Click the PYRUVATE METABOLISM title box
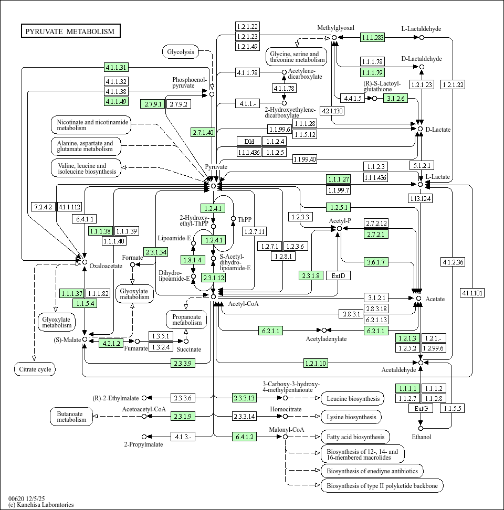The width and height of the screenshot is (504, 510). (70, 31)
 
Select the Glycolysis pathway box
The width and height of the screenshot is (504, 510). (181, 51)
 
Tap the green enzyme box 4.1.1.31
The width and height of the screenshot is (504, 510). (116, 67)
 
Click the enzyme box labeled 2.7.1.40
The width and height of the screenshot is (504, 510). (203, 132)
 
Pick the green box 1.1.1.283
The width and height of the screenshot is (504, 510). (372, 37)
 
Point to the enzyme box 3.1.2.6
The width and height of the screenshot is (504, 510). (395, 98)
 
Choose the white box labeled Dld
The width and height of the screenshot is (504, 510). (249, 141)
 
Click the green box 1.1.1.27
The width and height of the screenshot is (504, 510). (338, 179)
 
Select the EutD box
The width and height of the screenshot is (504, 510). (338, 275)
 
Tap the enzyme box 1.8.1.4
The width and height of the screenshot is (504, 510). (193, 260)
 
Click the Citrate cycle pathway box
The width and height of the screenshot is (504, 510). (35, 369)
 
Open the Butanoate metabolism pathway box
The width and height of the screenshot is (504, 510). (71, 417)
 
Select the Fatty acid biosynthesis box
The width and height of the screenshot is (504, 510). (355, 437)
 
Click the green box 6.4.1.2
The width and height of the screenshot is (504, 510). (245, 437)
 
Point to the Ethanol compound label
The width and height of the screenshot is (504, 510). (421, 437)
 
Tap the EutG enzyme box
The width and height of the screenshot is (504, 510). (421, 408)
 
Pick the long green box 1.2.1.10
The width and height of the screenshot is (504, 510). (316, 363)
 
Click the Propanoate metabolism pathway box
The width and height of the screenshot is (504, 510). (186, 319)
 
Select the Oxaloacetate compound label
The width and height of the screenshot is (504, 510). (106, 266)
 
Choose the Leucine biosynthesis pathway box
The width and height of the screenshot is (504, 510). (352, 399)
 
